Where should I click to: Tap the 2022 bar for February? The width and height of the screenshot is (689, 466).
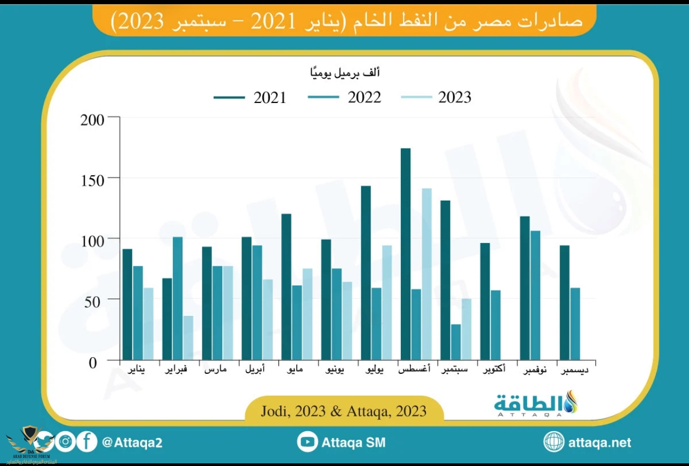178,298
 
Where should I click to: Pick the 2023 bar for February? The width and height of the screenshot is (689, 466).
188,337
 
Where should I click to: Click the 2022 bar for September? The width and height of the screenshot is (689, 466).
456,342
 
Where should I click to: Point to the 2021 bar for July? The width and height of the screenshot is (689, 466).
366,272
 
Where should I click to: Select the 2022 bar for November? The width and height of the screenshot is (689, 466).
536,295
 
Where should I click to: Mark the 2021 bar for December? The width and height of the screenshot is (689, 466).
565,302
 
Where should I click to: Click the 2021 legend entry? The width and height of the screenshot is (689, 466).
250,98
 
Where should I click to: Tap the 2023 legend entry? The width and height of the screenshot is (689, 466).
436,98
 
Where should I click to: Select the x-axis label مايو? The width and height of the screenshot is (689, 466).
293,369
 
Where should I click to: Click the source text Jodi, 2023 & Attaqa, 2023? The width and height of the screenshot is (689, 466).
344,411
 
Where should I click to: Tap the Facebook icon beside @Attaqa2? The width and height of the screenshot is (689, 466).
87,442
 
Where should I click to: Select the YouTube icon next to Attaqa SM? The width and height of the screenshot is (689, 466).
307,442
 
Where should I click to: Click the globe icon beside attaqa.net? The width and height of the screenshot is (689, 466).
554,442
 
